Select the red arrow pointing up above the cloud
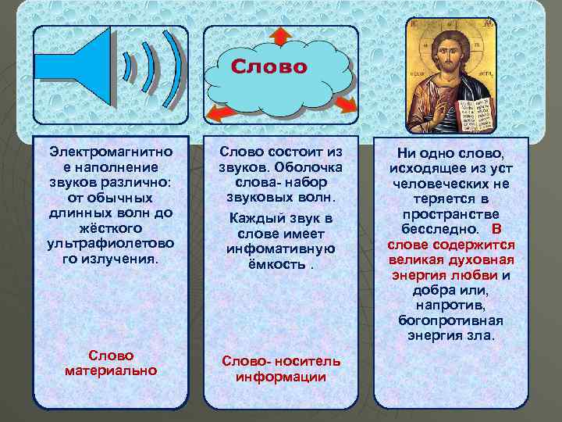[282, 35]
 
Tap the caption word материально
[111, 370]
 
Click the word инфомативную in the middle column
[280, 249]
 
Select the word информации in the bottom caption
[280, 377]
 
